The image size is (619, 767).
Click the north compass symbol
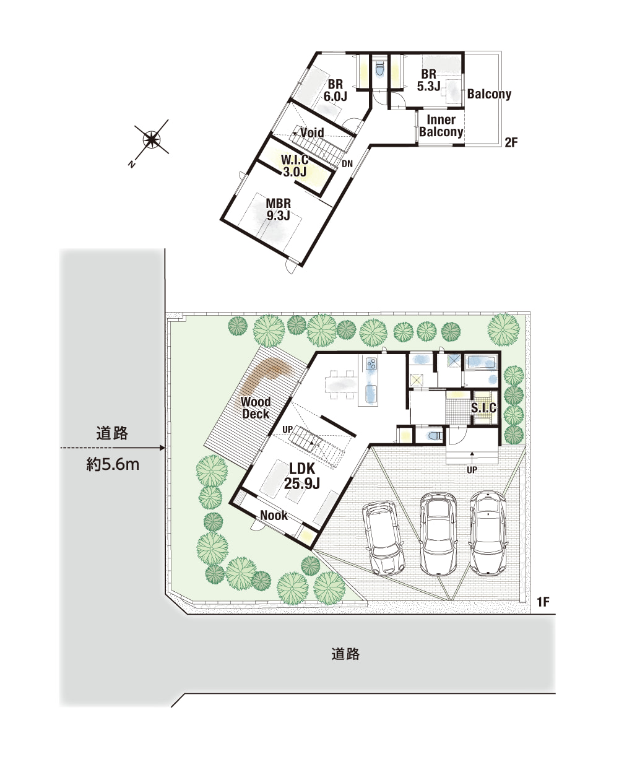pos(151,139)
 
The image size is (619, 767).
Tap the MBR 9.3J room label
pos(278,209)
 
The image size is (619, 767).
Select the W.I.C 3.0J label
pos(295,165)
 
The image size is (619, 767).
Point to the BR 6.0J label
pos(335,90)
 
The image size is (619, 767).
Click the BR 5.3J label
pos(428,80)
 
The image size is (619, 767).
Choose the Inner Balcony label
pos(441,126)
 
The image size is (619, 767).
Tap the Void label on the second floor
pos(312,132)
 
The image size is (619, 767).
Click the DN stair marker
pos(347,164)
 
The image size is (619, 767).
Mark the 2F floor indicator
pos(511,142)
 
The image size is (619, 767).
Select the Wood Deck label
pos(255,407)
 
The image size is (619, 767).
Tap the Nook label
pos(274,515)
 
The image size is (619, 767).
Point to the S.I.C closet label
pos(483,407)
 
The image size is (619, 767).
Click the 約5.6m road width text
pos(113,465)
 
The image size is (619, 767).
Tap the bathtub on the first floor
pos(481,362)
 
